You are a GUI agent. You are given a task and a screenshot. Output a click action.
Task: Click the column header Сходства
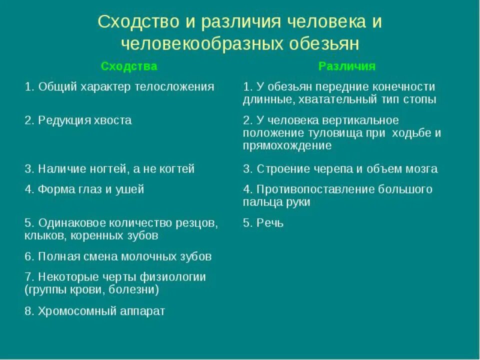pos(128,66)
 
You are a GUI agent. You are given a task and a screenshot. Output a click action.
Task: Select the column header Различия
pos(346,66)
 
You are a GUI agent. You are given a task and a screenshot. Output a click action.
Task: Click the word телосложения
pos(174,86)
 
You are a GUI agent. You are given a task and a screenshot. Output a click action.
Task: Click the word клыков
pos(42,235)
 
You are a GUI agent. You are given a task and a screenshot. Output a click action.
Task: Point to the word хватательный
pos(334,99)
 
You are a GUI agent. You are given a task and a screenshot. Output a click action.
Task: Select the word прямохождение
pos(287,146)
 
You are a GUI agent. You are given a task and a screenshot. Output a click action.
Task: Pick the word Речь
pos(270,223)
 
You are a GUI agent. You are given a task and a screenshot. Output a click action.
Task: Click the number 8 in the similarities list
pos(28,311)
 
